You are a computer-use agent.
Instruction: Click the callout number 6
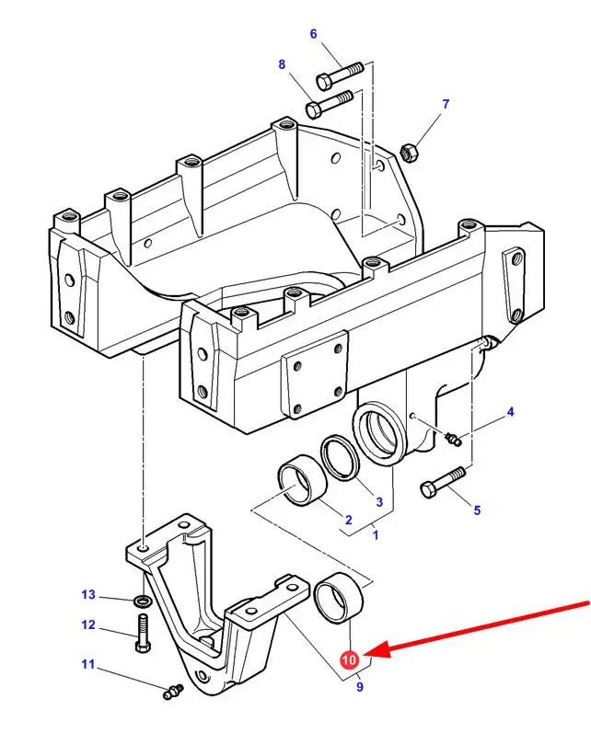coord(314,34)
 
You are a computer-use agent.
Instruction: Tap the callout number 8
coord(282,64)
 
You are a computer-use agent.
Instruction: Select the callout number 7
coord(446,104)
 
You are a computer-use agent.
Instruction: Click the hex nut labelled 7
coord(410,153)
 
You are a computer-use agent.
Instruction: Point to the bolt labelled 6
coord(340,75)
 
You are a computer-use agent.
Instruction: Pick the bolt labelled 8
coord(330,104)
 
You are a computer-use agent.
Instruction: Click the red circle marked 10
coord(349,659)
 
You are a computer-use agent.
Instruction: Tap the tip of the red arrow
coord(366,655)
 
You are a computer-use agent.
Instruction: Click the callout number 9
coord(359,686)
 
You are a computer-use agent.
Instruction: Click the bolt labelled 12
coord(144,633)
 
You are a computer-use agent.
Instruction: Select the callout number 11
coord(87,664)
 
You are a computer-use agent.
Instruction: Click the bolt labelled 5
coord(443,482)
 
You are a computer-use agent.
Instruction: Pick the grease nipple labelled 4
coord(453,439)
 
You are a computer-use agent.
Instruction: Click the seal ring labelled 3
coord(340,458)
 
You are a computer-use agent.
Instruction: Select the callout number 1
coord(375,534)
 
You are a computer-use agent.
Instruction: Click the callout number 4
coord(510,412)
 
